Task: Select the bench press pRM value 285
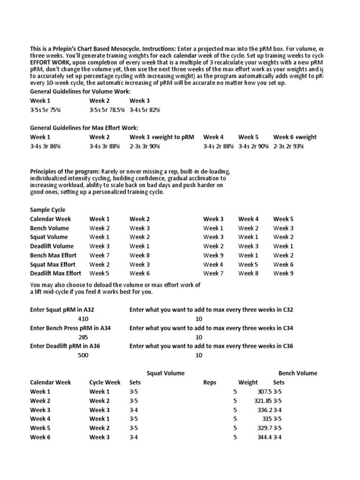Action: pos(83,337)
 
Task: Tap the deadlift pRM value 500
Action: pos(83,355)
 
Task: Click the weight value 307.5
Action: pos(263,391)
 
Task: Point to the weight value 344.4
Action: pos(263,437)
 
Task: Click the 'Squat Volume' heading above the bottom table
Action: pos(165,373)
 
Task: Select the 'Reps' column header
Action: pos(210,382)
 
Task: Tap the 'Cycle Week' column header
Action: pos(105,382)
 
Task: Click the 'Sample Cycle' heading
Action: pos(48,210)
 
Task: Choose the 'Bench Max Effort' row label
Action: pos(53,255)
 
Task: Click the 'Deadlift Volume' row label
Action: pos(52,246)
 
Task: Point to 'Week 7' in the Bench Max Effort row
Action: pos(99,255)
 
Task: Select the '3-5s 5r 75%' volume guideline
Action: pos(45,110)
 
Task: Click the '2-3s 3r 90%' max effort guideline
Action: pos(145,146)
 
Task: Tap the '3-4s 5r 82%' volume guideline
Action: pos(145,110)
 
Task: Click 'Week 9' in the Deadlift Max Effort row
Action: pos(283,273)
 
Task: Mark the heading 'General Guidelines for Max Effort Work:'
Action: pos(84,128)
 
